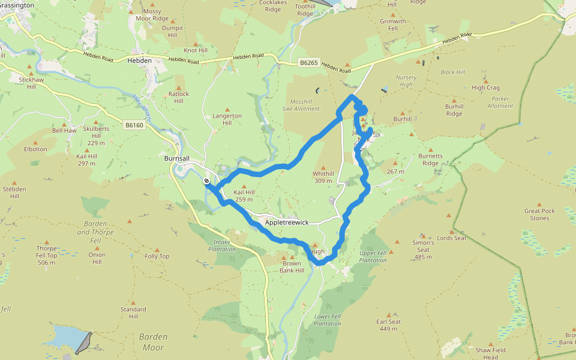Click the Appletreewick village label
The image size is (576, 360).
287,223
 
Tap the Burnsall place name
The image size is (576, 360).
177,159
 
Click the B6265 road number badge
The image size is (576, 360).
308,62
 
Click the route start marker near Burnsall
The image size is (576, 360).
206,181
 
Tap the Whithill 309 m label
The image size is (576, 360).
323,177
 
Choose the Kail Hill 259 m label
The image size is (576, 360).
244,196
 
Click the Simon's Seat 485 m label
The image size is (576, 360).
423,250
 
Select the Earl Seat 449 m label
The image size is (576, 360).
389,325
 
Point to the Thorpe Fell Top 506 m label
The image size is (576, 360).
47,255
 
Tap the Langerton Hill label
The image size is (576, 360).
227,119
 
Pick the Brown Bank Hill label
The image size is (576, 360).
292,266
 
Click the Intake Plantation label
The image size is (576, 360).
222,245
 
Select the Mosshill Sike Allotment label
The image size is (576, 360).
301,105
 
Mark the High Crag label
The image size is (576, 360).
485,88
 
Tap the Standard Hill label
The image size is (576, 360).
133,313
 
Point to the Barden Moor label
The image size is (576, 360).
153,342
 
